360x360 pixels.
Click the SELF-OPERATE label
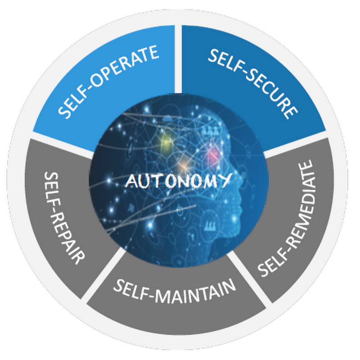108,82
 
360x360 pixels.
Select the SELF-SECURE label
253,84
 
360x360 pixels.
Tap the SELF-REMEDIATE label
285,218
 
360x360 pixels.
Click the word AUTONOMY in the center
178,181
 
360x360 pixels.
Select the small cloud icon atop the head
169,118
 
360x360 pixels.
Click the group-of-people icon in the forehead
211,131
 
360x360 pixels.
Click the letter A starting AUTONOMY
131,181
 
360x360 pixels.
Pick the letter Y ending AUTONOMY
225,180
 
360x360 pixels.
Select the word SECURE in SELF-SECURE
267,94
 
